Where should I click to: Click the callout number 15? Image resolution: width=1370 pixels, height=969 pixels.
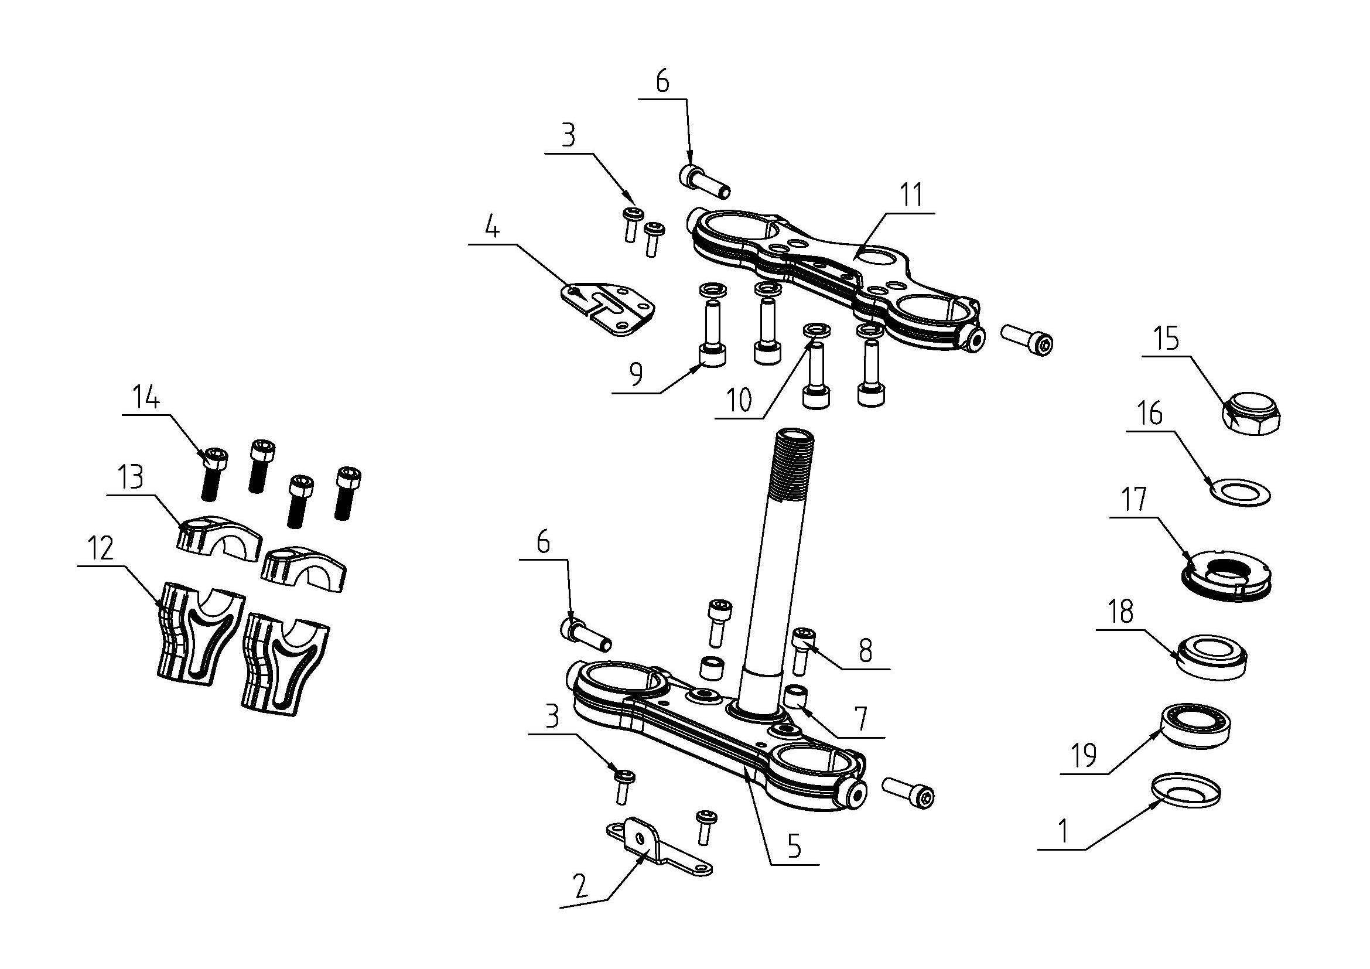pos(1167,338)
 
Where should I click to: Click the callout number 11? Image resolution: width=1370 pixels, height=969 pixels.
pos(911,195)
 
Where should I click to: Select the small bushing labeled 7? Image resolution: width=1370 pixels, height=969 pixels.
pos(795,697)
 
